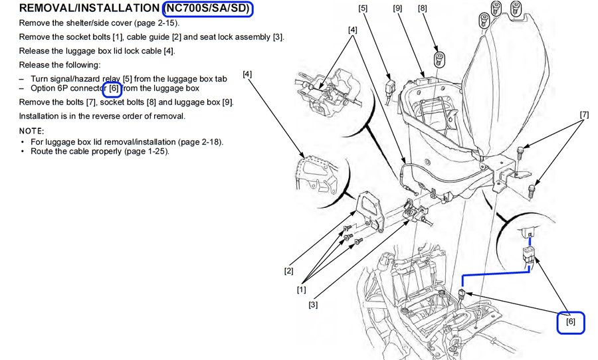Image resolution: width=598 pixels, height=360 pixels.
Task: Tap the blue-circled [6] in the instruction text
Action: coord(114,88)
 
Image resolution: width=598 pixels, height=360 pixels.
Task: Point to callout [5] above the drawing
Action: coord(362,9)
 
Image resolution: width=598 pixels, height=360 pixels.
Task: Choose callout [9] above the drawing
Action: coord(397,9)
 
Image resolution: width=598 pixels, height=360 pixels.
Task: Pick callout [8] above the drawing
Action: coord(423,9)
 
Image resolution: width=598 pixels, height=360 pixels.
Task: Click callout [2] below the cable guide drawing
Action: coord(289,271)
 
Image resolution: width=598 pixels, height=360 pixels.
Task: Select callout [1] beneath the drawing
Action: coord(302,290)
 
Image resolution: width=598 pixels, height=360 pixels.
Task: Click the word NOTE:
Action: coord(31,130)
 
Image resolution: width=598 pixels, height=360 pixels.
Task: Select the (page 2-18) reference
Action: coord(203,141)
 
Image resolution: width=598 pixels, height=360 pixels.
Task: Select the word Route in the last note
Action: coord(41,151)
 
